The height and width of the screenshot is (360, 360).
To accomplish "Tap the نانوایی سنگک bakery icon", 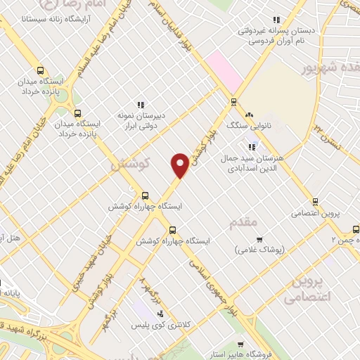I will click(248, 115).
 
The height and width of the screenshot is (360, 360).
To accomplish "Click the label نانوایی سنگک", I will click(245, 125).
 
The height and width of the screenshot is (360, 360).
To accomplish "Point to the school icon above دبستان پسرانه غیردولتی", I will click(276, 20).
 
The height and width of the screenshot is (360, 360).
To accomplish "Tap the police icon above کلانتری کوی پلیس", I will click(162, 314).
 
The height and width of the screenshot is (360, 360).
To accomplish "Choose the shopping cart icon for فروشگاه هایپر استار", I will click(241, 345).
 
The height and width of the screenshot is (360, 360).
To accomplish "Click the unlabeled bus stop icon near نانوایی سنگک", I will click(233, 101).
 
